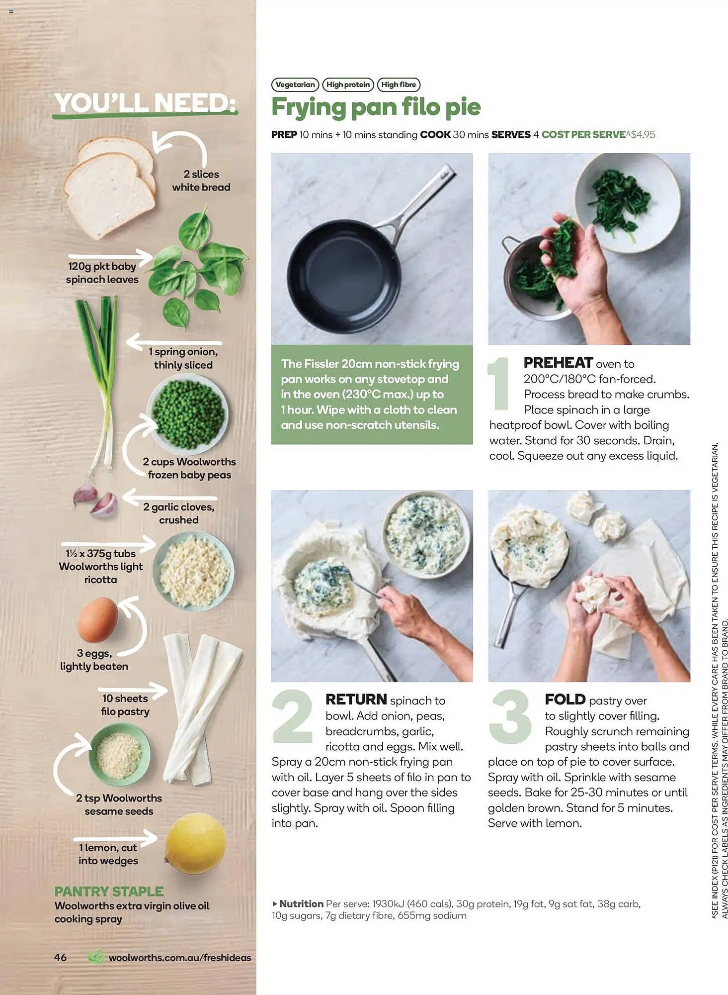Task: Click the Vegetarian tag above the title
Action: coord(295,85)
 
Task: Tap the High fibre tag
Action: coord(399,85)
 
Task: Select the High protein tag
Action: coord(348,85)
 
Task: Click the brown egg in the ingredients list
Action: coord(97,620)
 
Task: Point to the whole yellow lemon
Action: coord(195,843)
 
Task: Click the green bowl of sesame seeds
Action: coord(119,755)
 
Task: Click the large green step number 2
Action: coord(293,716)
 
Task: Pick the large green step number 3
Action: coord(510,716)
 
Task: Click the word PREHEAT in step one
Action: coord(558,363)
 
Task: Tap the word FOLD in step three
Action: coord(565,699)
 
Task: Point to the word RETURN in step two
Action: coord(356,699)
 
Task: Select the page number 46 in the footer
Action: coord(60,957)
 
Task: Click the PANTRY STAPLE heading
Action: coord(109,891)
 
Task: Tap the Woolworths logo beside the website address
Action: coord(96,957)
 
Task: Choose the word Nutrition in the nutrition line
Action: coord(301,903)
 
